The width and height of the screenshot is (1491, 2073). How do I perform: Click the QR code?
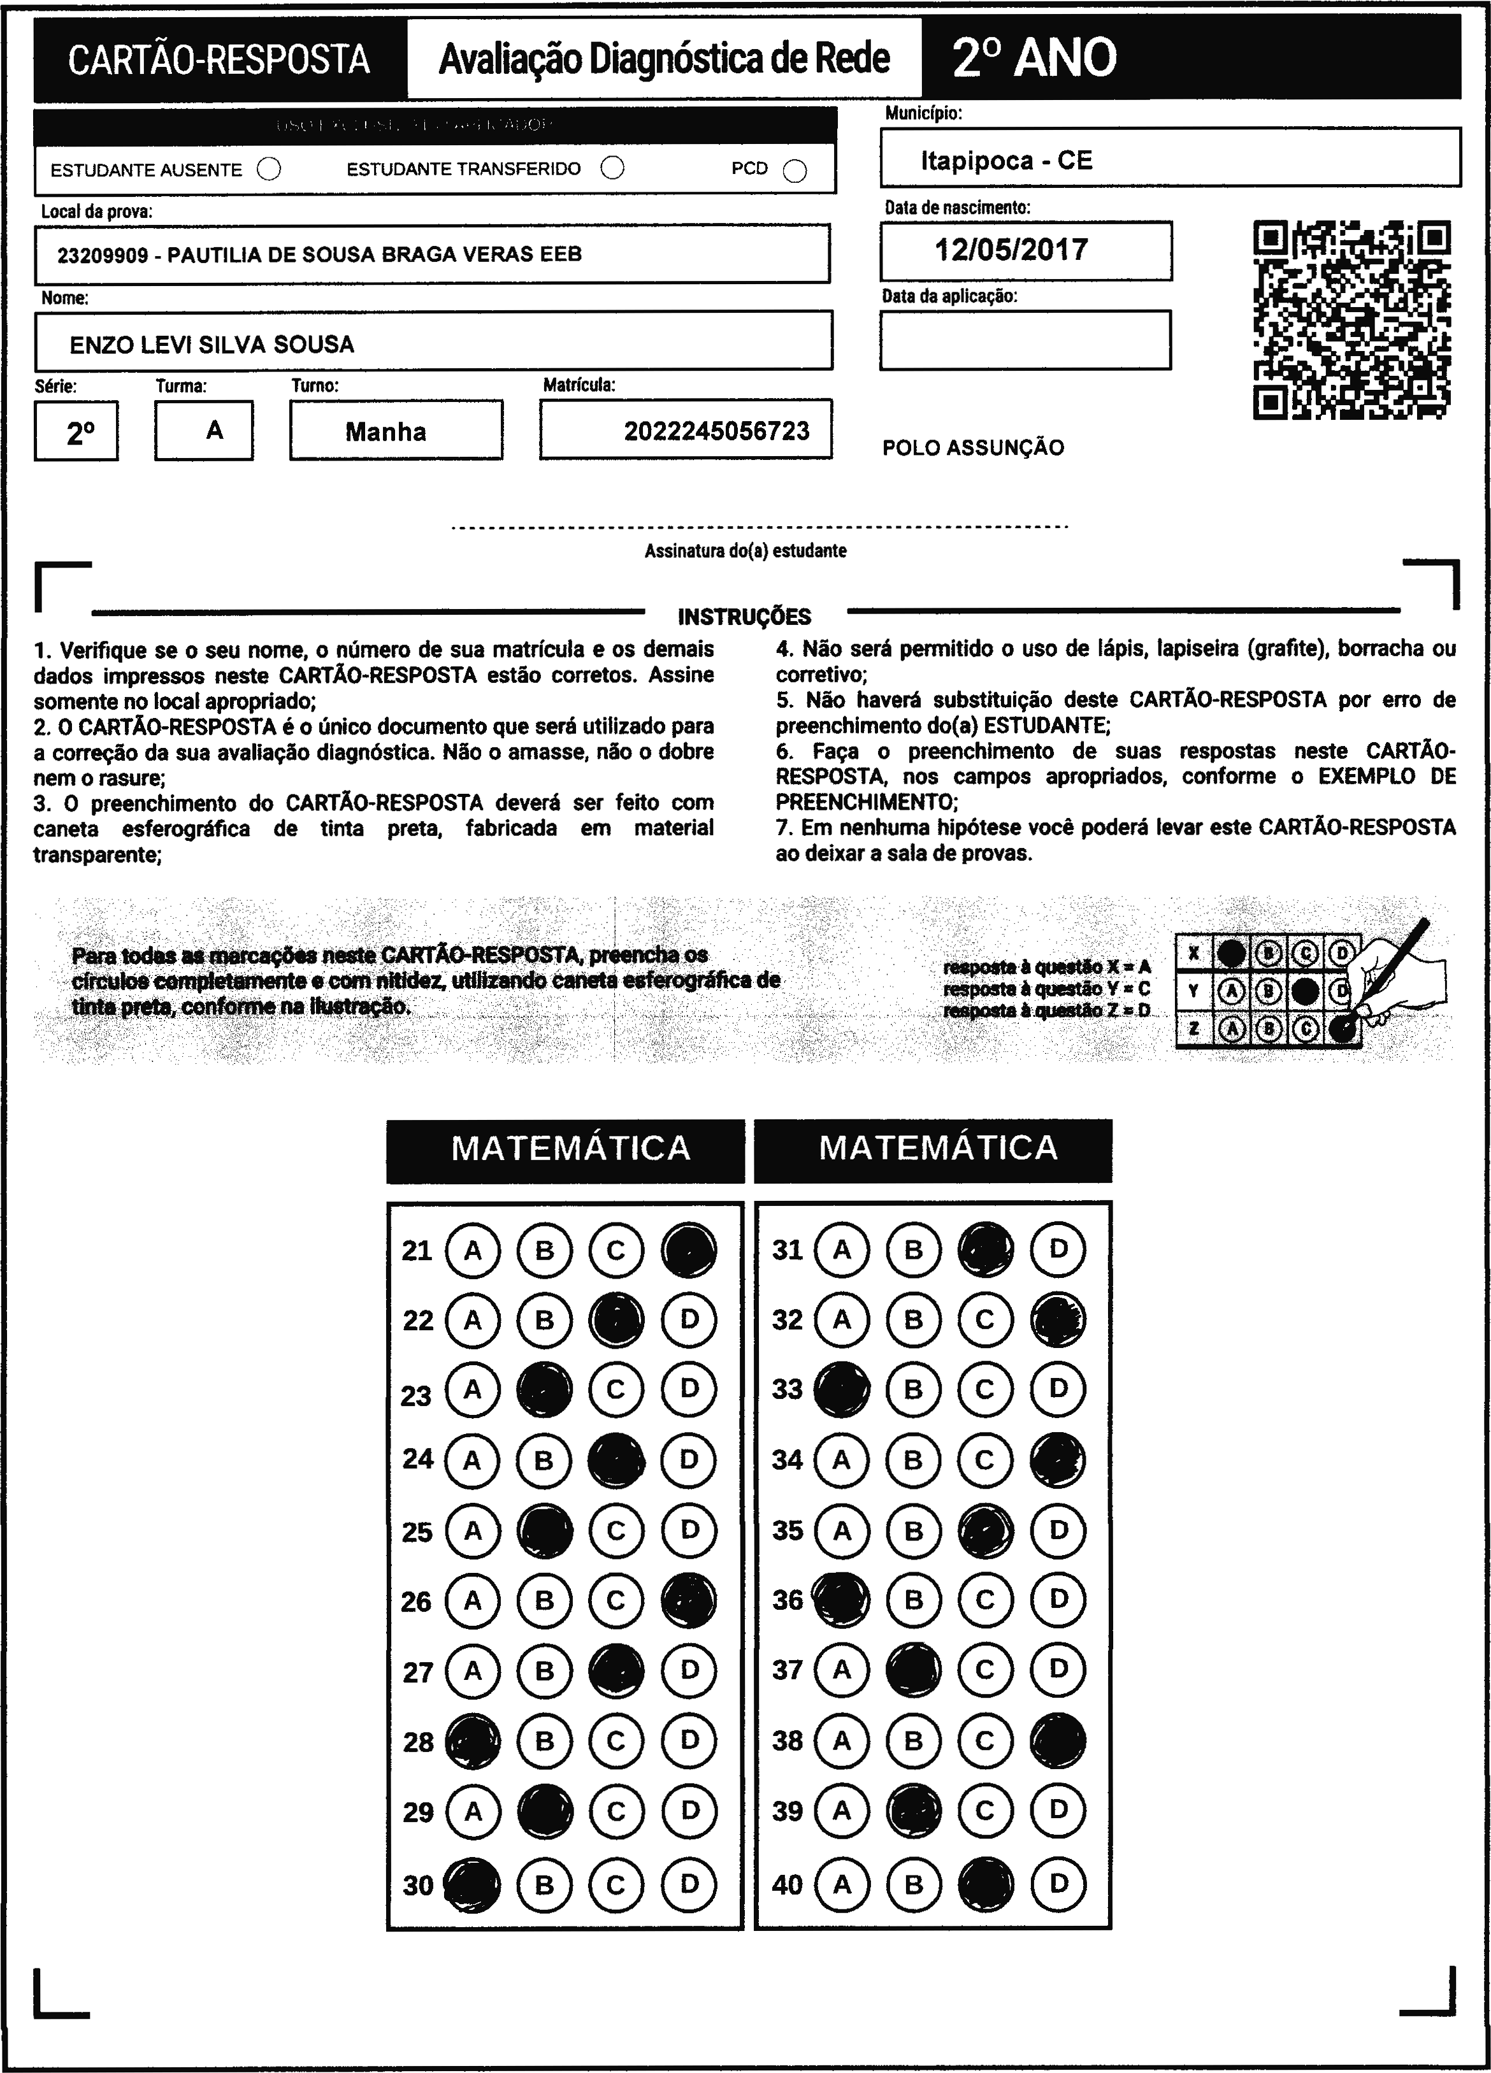(1351, 320)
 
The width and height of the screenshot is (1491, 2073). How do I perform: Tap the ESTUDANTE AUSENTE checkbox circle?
(269, 169)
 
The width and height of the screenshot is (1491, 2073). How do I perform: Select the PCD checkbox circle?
(795, 171)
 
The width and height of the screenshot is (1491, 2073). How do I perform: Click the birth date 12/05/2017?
(1011, 250)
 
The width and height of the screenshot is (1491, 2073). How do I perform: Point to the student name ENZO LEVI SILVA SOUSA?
(212, 345)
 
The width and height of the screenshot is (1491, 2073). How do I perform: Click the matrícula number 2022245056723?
(717, 431)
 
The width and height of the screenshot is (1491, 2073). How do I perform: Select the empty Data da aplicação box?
(1025, 340)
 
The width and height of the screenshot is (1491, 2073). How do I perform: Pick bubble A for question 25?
(473, 1531)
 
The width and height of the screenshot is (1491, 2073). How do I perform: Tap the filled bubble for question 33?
(841, 1389)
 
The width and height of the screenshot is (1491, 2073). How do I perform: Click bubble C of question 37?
(984, 1670)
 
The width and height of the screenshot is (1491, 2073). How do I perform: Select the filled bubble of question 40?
(986, 1884)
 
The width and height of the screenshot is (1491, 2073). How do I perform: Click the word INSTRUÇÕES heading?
(744, 617)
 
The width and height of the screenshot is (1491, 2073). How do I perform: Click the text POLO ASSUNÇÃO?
(973, 448)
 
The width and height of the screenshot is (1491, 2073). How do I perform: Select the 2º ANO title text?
(1034, 59)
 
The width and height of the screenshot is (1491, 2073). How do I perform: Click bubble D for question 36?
(1058, 1600)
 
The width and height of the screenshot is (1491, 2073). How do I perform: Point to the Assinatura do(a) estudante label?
(745, 551)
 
